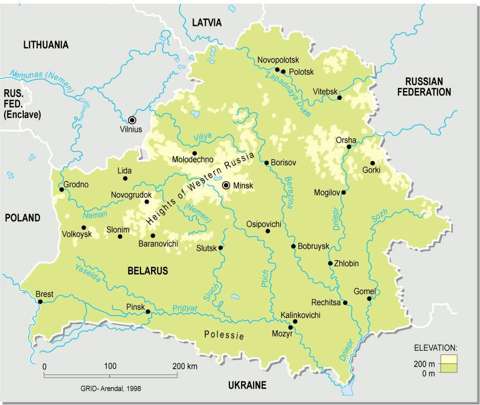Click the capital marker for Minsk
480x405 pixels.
pyautogui.click(x=226, y=185)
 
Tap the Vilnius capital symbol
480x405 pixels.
pyautogui.click(x=132, y=119)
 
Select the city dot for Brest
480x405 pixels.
pyautogui.click(x=40, y=301)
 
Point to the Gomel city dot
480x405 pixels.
pyautogui.click(x=369, y=298)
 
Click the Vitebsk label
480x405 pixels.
pyautogui.click(x=325, y=92)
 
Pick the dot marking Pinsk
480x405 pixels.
pyautogui.click(x=148, y=312)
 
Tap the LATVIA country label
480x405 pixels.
pyautogui.click(x=207, y=23)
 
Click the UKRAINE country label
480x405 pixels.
pyautogui.click(x=247, y=386)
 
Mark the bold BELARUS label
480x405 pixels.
pyautogui.click(x=147, y=271)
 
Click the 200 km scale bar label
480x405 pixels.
pyautogui.click(x=184, y=366)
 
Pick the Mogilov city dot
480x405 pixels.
pyautogui.click(x=344, y=193)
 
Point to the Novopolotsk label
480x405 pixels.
pyautogui.click(x=278, y=60)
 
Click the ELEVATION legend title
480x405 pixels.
pyautogui.click(x=435, y=348)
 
